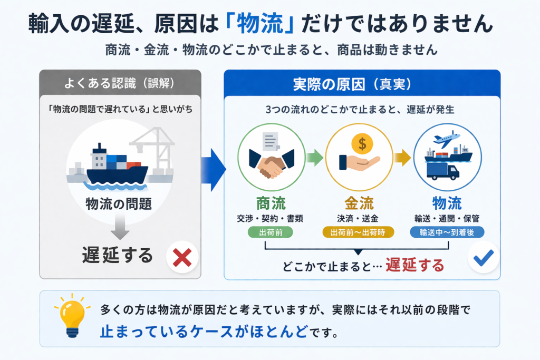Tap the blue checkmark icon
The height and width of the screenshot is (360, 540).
tap(484, 257)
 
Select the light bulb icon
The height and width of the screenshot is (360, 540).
tap(71, 318)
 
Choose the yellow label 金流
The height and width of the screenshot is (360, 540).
tap(359, 203)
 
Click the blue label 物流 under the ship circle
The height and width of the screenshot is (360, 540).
tap(447, 203)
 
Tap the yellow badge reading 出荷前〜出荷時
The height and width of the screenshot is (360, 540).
tap(359, 232)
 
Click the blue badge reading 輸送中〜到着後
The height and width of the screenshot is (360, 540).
tap(447, 232)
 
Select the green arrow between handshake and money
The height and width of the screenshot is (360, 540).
tap(315, 157)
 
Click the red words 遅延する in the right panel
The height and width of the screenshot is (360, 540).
tap(414, 265)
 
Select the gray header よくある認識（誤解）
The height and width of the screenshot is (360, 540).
tap(120, 83)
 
